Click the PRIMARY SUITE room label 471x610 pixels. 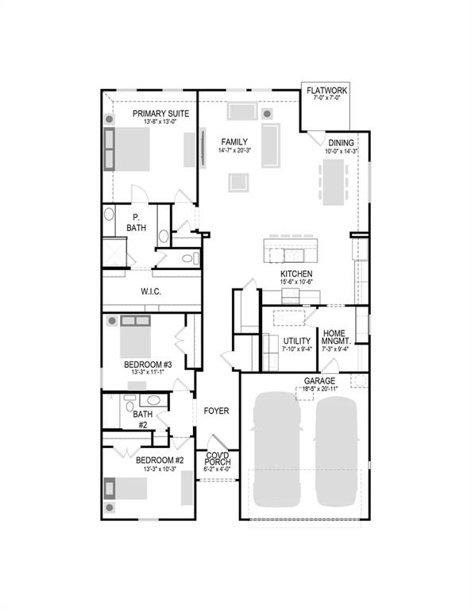[x=160, y=114]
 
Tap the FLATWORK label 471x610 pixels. [x=326, y=91]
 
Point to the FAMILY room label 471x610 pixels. [x=234, y=142]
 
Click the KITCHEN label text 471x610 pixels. [x=296, y=274]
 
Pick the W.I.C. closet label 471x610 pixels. [x=151, y=291]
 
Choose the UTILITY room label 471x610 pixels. [x=297, y=341]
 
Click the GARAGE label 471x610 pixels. [x=319, y=381]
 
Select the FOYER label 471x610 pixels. [x=215, y=411]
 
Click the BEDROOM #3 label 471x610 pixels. [x=148, y=365]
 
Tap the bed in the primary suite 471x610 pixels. [x=134, y=149]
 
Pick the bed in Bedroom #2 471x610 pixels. [x=129, y=486]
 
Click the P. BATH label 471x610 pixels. [x=136, y=222]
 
